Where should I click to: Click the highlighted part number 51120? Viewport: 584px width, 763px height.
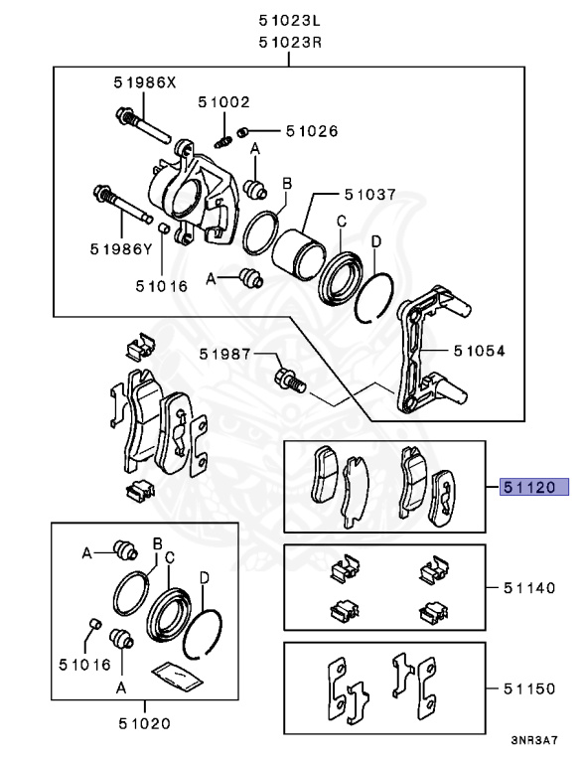coord(533,487)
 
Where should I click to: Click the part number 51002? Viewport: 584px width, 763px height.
coord(223,101)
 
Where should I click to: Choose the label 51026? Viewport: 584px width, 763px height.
coord(311,130)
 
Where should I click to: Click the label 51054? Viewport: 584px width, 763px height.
coord(479,351)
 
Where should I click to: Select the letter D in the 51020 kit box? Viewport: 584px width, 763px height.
coord(204,577)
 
